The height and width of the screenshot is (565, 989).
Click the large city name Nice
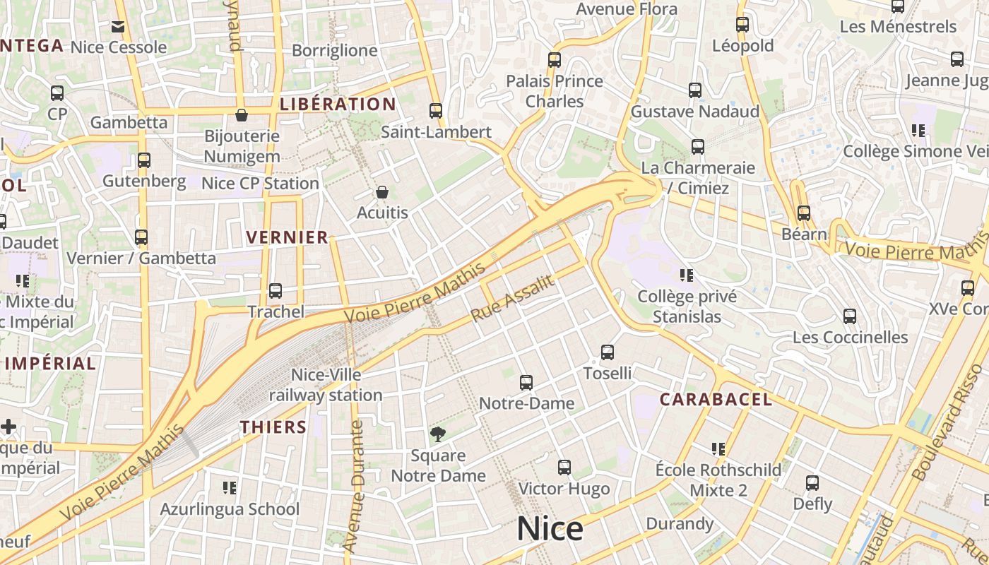tap(550, 529)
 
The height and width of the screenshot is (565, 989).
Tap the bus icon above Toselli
tap(608, 352)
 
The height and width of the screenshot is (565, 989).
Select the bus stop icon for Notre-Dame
tap(526, 383)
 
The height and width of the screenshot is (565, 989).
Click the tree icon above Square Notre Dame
tap(438, 434)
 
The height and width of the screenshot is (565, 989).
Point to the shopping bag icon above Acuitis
tap(382, 192)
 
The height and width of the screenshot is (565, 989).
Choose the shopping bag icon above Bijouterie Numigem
tap(242, 114)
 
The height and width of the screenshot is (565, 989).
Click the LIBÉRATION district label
tap(338, 105)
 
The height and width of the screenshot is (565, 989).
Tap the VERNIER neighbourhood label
tap(287, 237)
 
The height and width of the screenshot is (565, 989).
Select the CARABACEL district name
tap(716, 400)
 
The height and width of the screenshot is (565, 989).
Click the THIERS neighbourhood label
tap(273, 427)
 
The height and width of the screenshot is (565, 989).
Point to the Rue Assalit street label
tap(512, 298)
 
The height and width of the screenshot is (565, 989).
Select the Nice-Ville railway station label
tap(326, 385)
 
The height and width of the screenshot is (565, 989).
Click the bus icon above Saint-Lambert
tap(436, 111)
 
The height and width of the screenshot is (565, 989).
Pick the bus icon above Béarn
tap(803, 213)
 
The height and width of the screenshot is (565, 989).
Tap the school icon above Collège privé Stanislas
tap(687, 275)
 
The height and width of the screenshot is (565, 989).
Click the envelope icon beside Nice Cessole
tap(118, 27)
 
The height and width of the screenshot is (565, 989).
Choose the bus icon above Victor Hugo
tap(564, 467)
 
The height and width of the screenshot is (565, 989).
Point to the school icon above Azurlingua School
tap(229, 487)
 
